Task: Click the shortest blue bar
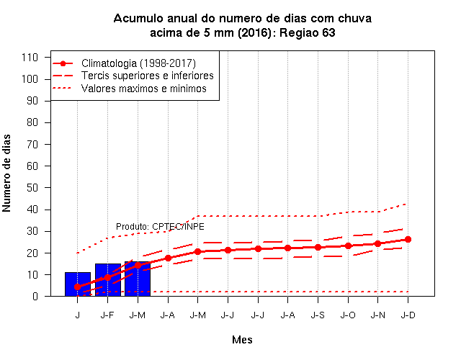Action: click(x=78, y=284)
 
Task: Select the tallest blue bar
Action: click(x=138, y=279)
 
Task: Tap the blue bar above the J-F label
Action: click(x=108, y=280)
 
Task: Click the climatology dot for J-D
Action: click(x=408, y=239)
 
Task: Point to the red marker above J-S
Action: click(x=318, y=247)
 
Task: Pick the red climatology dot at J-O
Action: click(x=348, y=246)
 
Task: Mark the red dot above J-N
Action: click(x=377, y=243)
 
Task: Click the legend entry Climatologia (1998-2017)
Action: click(x=138, y=63)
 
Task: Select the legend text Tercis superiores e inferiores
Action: click(x=147, y=76)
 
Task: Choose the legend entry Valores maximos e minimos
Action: click(x=144, y=88)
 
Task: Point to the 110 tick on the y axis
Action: click(x=30, y=58)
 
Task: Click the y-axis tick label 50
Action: click(x=32, y=188)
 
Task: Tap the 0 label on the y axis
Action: click(x=35, y=297)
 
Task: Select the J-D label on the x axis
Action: click(x=408, y=315)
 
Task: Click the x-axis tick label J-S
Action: click(x=318, y=315)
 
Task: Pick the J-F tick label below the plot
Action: click(x=107, y=315)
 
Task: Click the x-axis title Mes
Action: click(x=242, y=340)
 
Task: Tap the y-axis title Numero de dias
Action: click(x=6, y=173)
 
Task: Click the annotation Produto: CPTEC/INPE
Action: click(x=160, y=227)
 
